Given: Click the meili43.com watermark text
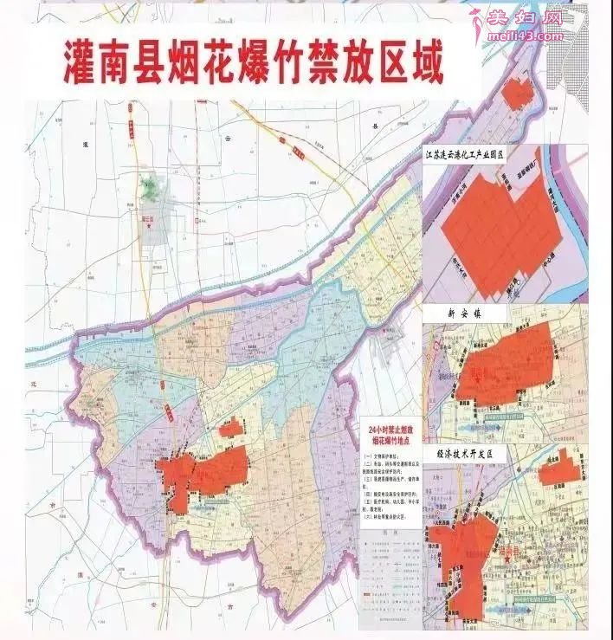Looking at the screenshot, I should (526, 36).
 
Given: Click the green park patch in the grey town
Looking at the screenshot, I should (154, 186).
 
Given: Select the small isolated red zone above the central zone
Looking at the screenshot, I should (230, 427).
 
